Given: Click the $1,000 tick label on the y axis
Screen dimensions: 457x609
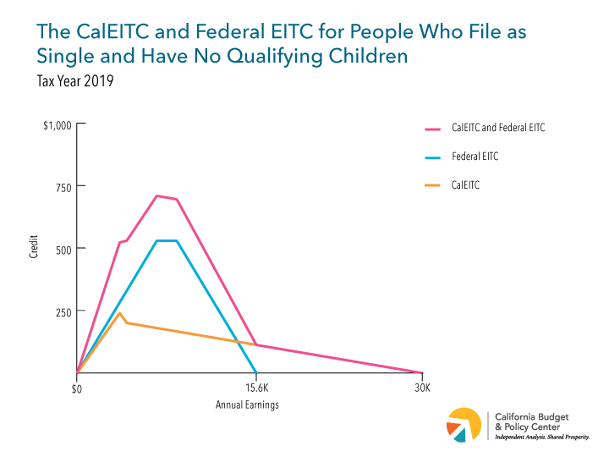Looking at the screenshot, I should pos(58,124).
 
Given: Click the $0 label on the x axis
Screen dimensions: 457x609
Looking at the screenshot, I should pos(77,388).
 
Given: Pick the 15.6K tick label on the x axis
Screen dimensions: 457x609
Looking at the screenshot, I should pos(256,388).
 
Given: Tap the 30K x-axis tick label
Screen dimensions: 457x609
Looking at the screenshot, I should pos(421,388).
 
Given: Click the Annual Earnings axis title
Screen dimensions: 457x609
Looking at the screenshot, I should pos(247,405).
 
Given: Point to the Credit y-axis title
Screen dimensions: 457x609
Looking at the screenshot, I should pos(34,248).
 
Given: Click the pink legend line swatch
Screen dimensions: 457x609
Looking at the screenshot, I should pos(433,129).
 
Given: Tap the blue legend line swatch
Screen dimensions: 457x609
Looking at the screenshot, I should pos(433,157).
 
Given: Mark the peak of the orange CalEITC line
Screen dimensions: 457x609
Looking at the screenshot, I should pos(120,313).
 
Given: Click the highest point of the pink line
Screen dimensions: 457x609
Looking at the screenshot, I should pos(156,195).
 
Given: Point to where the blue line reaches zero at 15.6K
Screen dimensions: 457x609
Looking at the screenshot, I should pos(256,372).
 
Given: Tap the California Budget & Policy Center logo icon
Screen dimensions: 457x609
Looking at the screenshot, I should pos(463,425).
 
